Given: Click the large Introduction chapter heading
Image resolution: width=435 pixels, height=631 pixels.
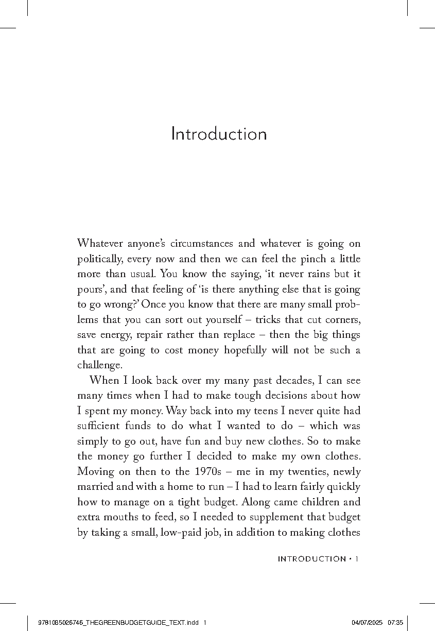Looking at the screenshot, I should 219,134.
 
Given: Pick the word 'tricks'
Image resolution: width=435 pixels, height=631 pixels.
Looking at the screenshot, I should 276,319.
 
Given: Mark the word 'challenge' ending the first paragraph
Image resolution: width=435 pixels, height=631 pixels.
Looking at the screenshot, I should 99,365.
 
